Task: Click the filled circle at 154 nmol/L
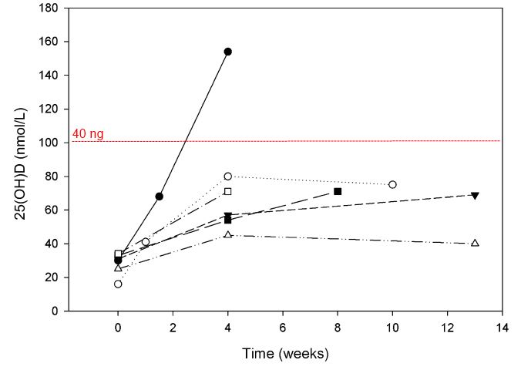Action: tap(227, 52)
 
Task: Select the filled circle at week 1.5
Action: tap(159, 197)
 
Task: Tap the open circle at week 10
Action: tap(392, 184)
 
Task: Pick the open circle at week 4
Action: tap(227, 177)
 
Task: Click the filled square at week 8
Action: tap(338, 191)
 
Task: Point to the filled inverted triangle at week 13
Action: tap(475, 195)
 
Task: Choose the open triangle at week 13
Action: tap(475, 243)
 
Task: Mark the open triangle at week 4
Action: tap(227, 234)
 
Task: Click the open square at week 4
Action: tap(227, 191)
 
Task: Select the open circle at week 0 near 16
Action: tap(118, 284)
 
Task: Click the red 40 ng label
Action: tap(88, 134)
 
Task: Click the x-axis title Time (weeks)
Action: tap(284, 354)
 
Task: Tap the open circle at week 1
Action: tap(146, 242)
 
